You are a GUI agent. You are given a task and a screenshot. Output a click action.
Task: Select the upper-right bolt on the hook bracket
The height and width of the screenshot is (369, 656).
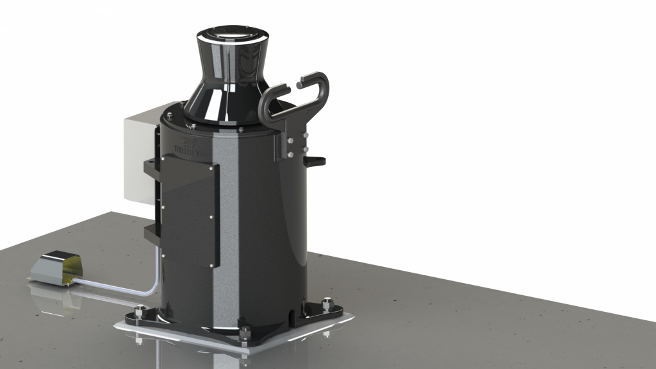tap(304, 135)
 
